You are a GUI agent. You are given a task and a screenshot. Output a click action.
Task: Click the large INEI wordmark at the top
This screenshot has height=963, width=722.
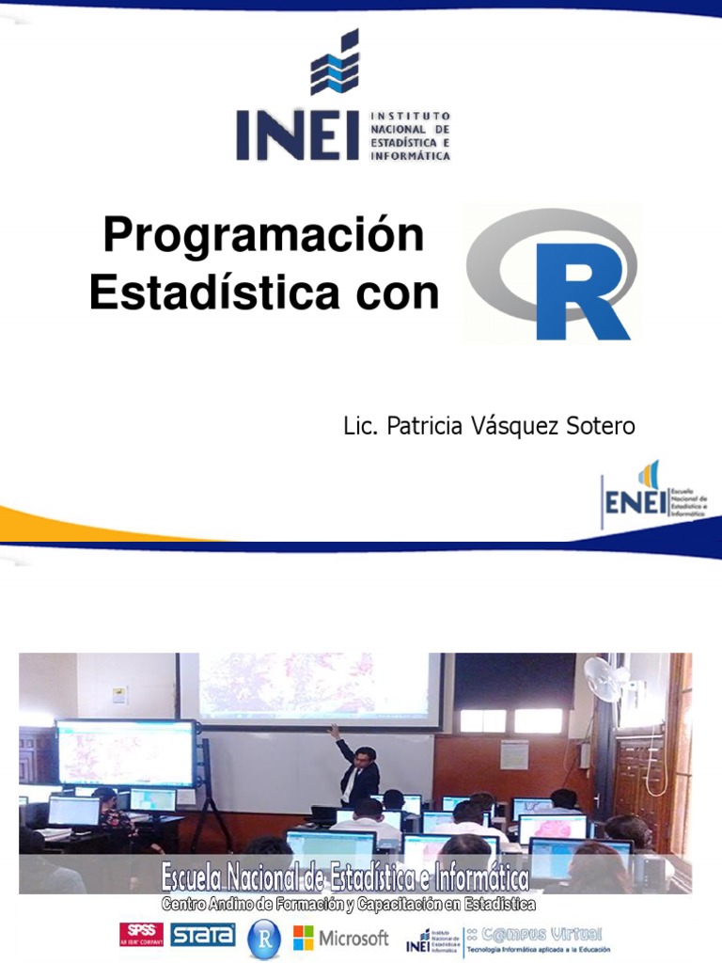tap(296, 135)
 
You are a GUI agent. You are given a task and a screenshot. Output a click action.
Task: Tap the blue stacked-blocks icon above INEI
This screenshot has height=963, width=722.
tap(335, 63)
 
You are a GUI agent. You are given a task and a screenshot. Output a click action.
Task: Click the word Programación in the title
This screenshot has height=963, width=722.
tap(263, 235)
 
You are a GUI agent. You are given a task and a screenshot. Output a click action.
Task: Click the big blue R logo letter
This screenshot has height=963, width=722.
tap(579, 294)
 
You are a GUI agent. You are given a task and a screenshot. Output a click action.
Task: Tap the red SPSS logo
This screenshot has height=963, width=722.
tap(141, 934)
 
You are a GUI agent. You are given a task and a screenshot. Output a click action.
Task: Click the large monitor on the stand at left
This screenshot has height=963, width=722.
tap(126, 752)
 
